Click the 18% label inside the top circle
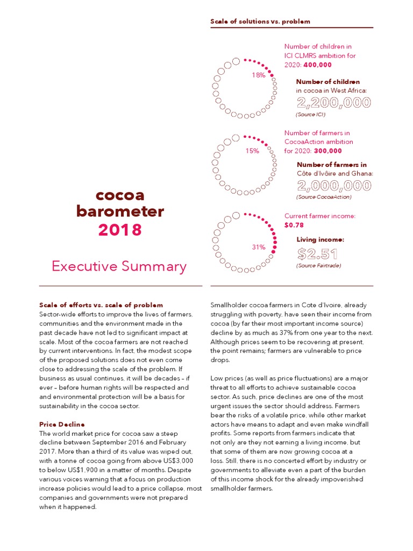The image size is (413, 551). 258,75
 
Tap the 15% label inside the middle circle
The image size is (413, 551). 252,151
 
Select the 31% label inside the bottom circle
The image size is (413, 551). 258,247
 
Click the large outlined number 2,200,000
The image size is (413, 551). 333,103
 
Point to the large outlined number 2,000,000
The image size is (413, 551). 333,186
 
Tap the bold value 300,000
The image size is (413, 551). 328,151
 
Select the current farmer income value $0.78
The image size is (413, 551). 294,225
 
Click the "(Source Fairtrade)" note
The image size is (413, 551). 318,266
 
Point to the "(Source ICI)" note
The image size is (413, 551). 311,115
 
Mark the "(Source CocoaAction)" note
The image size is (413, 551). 324,197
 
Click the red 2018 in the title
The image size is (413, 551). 120,230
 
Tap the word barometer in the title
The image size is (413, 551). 120,211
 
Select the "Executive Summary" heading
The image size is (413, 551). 119,266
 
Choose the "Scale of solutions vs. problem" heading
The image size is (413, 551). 260,22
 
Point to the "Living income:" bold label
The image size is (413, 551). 320,239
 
